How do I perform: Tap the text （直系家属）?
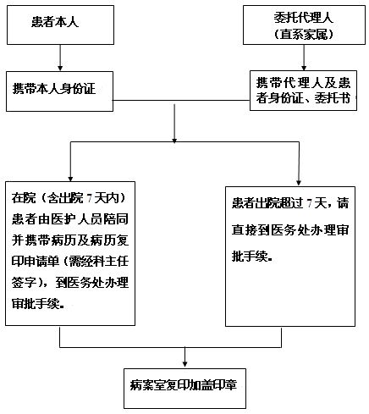click(x=304, y=35)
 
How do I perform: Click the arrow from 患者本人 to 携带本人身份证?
click(x=60, y=58)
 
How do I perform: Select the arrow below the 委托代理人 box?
click(x=304, y=58)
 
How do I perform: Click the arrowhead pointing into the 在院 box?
click(x=70, y=179)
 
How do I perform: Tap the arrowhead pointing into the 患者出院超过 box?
click(x=299, y=183)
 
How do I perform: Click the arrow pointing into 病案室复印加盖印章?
click(x=184, y=357)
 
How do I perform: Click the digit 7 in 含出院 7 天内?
click(x=90, y=198)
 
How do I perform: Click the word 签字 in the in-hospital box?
click(x=24, y=283)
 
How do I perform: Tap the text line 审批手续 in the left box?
click(x=38, y=304)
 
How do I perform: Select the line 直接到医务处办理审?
click(x=290, y=230)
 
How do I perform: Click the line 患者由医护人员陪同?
click(x=70, y=219)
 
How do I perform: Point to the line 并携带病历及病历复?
click(x=70, y=240)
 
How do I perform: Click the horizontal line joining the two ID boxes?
click(x=181, y=100)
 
